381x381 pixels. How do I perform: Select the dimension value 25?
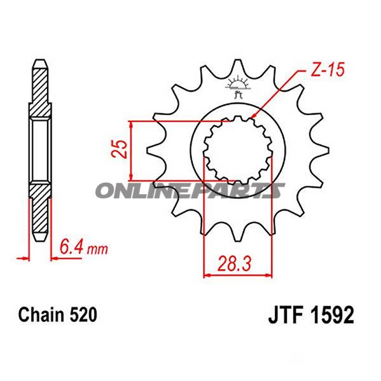tap(120, 148)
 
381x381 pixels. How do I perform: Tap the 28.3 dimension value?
tap(237, 262)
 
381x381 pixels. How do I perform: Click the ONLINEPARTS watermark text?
tap(190, 190)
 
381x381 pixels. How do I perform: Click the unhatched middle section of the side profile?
tap(39, 149)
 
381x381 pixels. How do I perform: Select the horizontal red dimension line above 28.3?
tap(237, 275)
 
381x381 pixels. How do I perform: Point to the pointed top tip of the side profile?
tap(39, 61)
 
